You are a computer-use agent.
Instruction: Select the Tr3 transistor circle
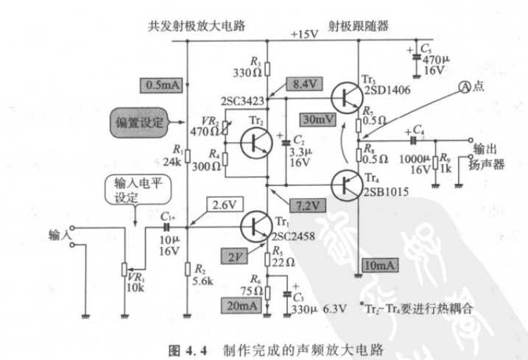348,97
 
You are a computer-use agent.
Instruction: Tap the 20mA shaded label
242,303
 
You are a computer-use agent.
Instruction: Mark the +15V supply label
304,33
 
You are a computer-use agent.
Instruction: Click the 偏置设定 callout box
138,118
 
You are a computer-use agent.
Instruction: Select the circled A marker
465,85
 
